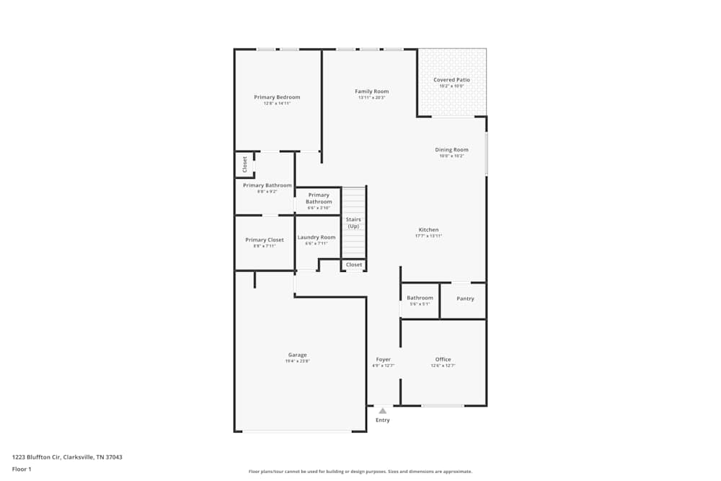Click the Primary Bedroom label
tap(277, 97)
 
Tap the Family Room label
tap(371, 92)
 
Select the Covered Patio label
tap(451, 80)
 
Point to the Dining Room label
tap(451, 150)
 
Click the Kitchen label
tap(428, 230)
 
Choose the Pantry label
tap(465, 299)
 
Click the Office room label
tap(443, 359)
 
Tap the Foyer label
tap(383, 359)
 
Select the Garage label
tap(297, 355)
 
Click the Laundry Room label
tap(317, 237)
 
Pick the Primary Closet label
tap(264, 240)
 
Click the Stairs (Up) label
tap(353, 223)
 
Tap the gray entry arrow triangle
tap(383, 411)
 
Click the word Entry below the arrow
tap(383, 420)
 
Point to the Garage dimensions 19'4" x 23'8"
tap(297, 361)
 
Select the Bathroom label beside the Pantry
tap(420, 298)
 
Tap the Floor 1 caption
tap(22, 469)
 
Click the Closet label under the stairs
tap(354, 265)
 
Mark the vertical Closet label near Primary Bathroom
tap(244, 164)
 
